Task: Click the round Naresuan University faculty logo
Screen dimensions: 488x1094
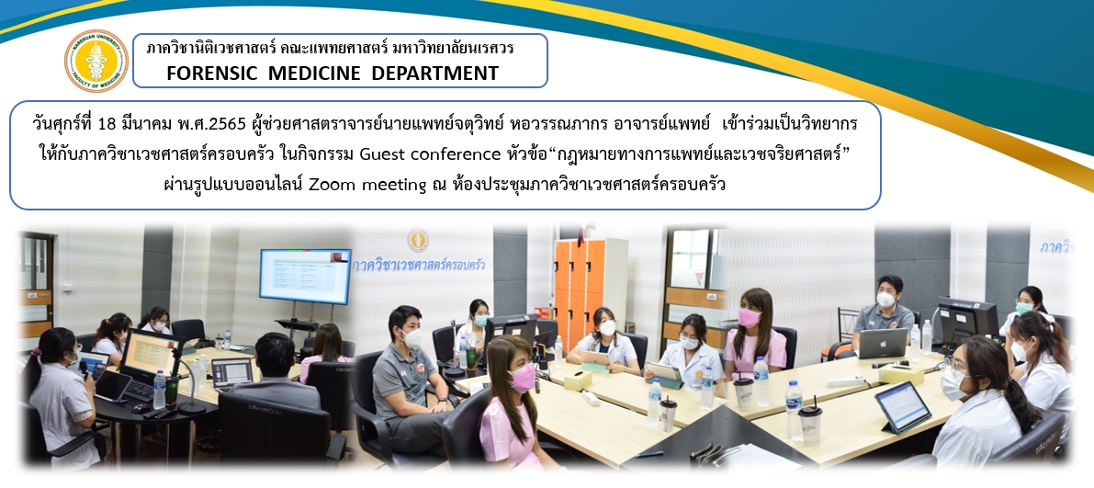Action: tap(96, 61)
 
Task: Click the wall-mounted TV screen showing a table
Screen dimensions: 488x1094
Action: tap(305, 276)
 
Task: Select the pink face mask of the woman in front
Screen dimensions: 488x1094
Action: tap(522, 377)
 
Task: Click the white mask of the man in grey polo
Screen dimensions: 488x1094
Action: tap(412, 337)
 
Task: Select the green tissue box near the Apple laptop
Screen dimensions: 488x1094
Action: tap(901, 373)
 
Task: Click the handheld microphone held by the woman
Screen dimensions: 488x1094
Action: tap(82, 367)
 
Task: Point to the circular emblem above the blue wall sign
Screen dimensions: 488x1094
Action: tap(418, 240)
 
